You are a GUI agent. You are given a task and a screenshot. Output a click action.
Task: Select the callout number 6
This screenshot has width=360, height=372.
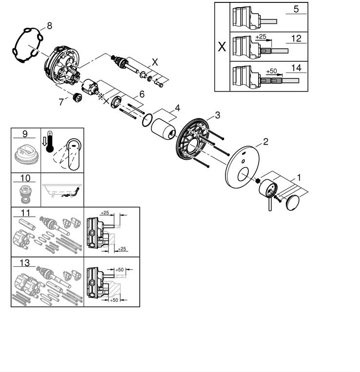142,93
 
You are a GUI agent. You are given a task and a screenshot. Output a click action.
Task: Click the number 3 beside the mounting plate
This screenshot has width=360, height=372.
217,115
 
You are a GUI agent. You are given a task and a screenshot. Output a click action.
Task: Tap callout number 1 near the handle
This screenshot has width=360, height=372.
300,178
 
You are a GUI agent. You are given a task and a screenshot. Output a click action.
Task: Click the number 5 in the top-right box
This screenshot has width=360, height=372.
296,9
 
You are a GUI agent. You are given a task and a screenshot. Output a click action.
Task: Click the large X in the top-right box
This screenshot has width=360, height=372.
222,47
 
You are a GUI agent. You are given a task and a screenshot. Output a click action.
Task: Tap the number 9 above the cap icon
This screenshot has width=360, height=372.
25,133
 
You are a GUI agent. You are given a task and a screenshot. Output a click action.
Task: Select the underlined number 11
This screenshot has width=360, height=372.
25,213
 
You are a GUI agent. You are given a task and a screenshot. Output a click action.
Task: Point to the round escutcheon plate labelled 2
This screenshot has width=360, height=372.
242,168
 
